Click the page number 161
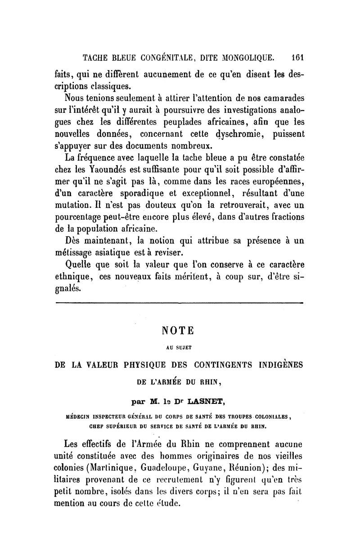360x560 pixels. tap(298, 57)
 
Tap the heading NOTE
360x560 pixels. tap(178, 330)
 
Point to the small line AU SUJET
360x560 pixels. tap(178, 347)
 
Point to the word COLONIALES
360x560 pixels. tap(276, 417)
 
